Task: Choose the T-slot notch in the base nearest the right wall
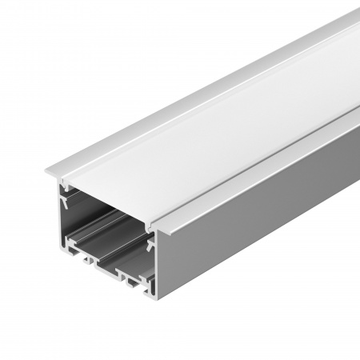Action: pyautogui.click(x=133, y=283)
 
